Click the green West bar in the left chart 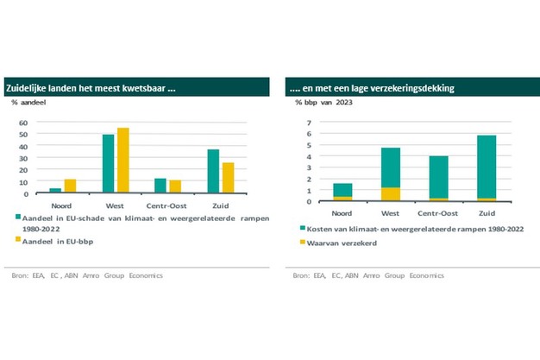109,163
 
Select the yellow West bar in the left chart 123,160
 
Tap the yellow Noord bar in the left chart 71,186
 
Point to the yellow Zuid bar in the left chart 228,177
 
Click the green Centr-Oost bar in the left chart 160,186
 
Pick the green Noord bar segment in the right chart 342,190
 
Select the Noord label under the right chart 342,212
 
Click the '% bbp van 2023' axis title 323,104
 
